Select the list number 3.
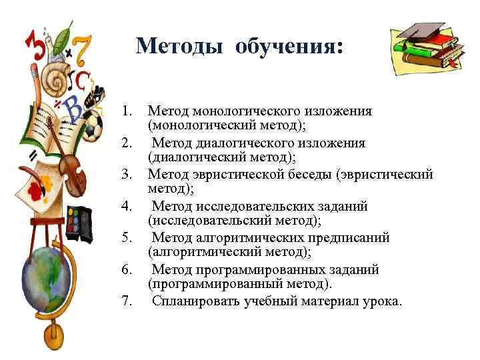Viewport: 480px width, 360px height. point(128,175)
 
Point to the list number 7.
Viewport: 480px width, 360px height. point(128,301)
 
